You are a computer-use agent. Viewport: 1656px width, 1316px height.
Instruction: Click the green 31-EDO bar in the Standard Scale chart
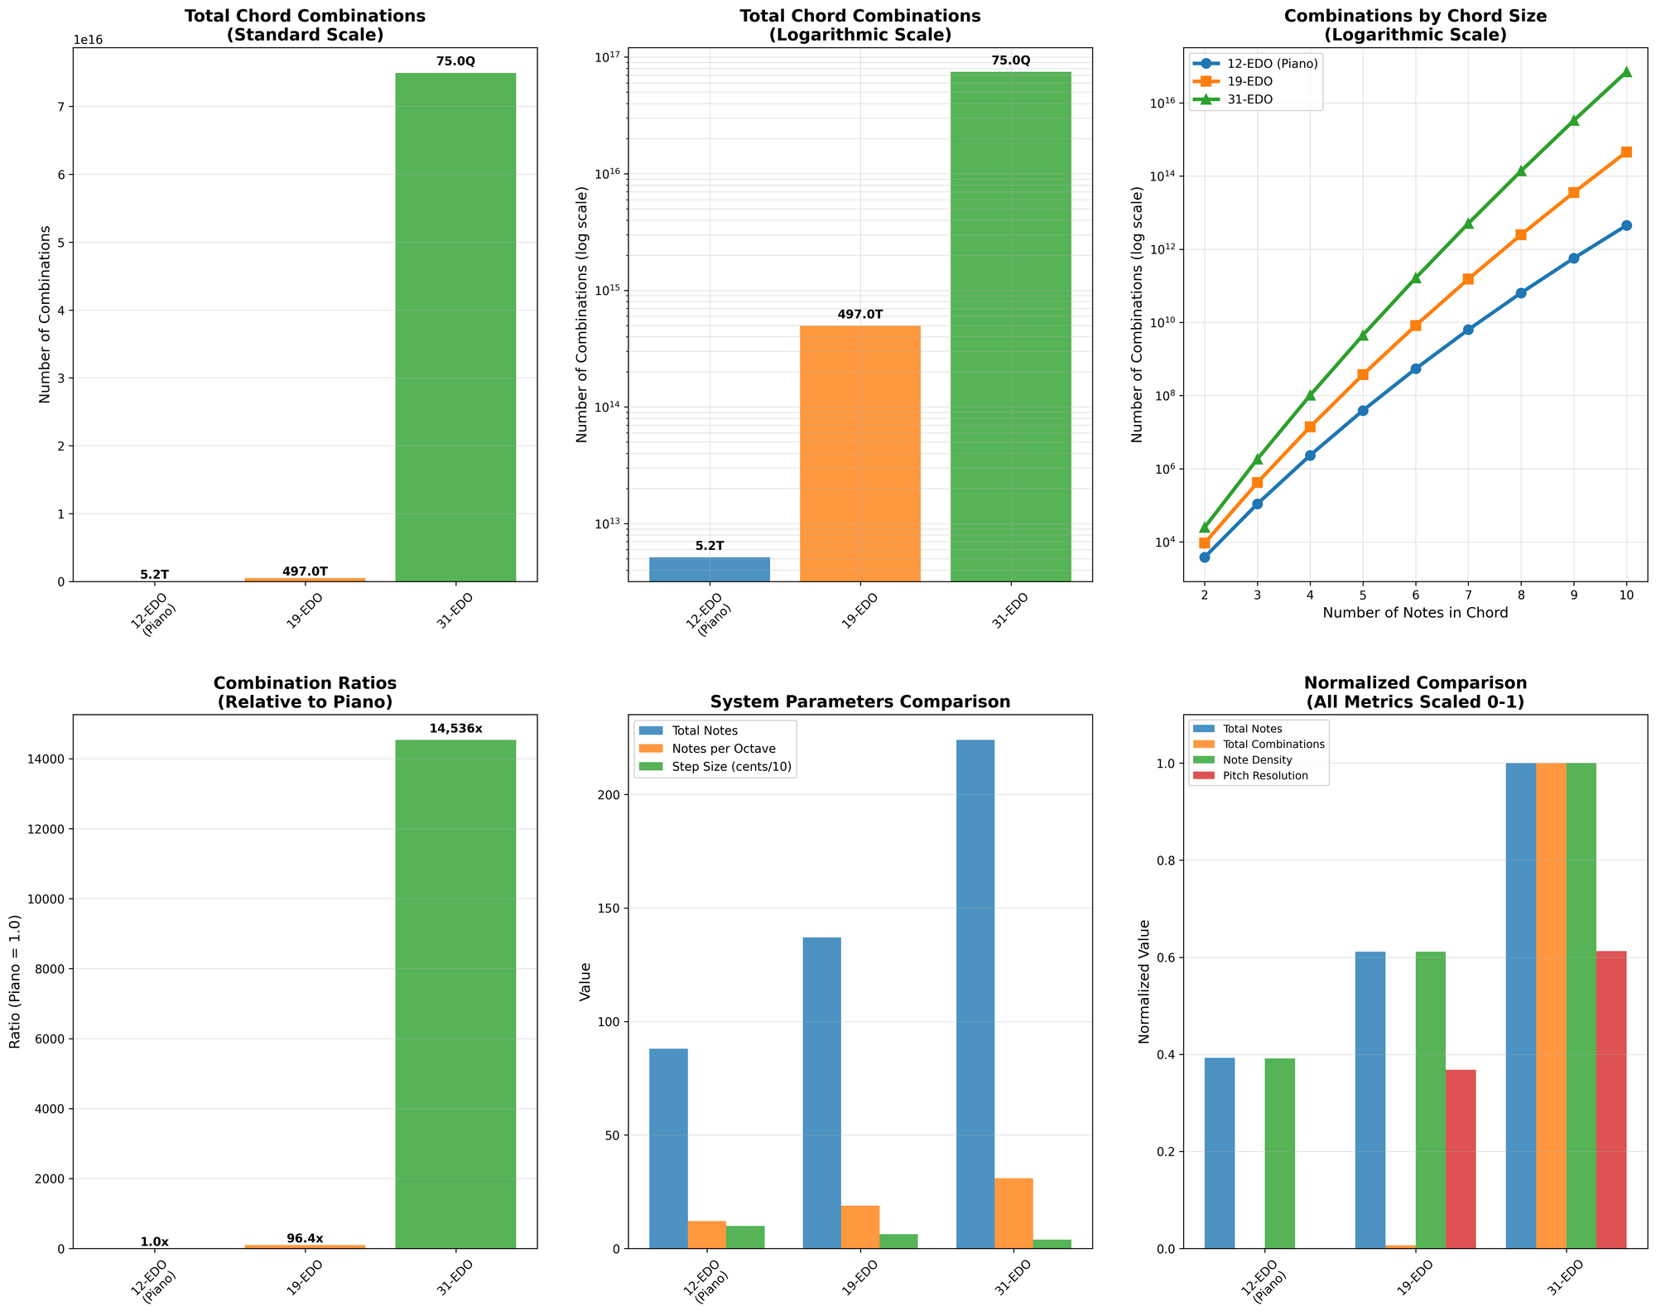coord(455,327)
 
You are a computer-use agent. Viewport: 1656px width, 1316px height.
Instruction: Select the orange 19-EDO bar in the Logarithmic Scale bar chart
coord(859,453)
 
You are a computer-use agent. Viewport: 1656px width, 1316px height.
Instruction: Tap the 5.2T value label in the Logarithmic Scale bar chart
coord(709,546)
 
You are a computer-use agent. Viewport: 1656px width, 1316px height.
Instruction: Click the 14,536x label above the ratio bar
coord(455,729)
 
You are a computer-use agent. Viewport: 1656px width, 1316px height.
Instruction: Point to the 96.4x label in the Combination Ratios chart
coord(305,1239)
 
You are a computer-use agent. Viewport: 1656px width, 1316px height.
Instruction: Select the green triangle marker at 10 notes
coord(1626,72)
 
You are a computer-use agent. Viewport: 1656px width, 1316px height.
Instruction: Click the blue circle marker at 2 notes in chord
coord(1204,557)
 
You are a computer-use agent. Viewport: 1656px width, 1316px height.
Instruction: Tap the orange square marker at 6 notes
coord(1416,325)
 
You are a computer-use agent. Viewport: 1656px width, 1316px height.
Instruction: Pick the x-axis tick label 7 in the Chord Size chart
coord(1468,595)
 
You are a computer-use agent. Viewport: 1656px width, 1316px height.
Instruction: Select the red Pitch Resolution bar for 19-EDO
coord(1461,1159)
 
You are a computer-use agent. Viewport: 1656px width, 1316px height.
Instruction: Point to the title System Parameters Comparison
coord(859,701)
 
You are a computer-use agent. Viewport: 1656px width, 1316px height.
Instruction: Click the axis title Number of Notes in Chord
coord(1415,614)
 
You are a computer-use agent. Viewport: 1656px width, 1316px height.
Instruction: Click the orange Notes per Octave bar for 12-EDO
coord(706,1234)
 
